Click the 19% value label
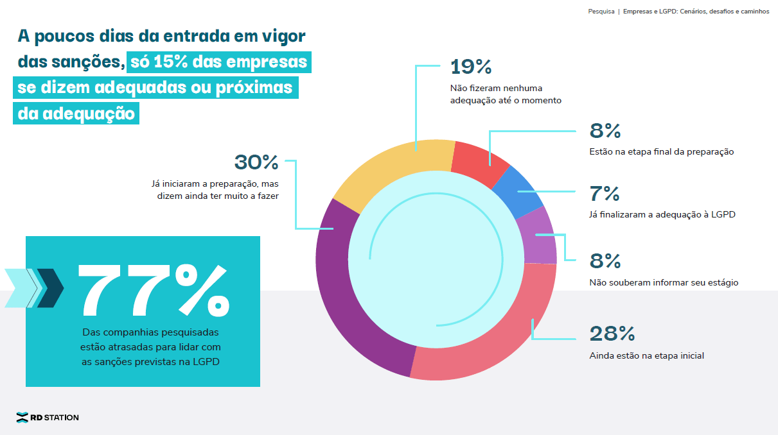click(x=471, y=67)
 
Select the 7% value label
click(x=605, y=194)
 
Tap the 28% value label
click(x=612, y=334)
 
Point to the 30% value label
click(x=256, y=162)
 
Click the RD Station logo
click(x=48, y=418)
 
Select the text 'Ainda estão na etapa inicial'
click(x=646, y=355)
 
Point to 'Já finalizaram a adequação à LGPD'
click(x=662, y=215)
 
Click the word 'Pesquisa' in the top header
click(x=601, y=12)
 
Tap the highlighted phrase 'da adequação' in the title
click(x=76, y=113)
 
